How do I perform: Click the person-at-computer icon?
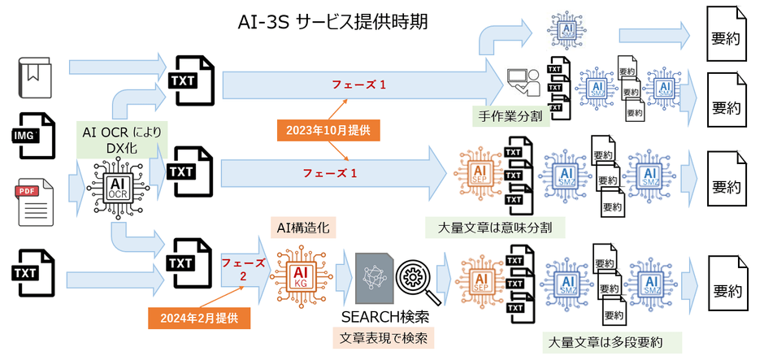coord(522,81)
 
